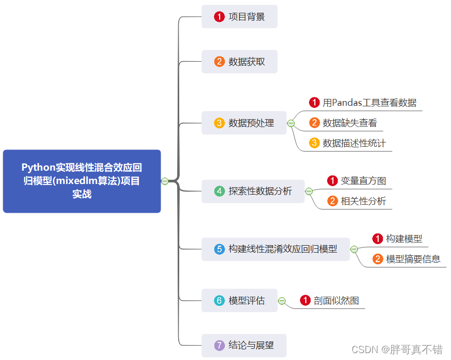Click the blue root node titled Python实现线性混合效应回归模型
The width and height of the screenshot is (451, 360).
(x=82, y=181)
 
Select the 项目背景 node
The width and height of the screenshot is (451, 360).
(x=239, y=16)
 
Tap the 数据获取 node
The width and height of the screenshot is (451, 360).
(x=239, y=62)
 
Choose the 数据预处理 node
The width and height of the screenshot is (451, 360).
(x=244, y=123)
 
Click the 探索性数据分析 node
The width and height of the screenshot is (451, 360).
(x=253, y=191)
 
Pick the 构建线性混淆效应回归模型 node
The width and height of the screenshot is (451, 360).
(x=275, y=249)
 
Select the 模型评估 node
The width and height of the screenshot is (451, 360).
(x=239, y=300)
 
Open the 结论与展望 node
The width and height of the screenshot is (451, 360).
(x=244, y=345)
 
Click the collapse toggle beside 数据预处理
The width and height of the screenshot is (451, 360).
(x=291, y=123)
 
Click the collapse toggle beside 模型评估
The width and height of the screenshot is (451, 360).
(x=282, y=301)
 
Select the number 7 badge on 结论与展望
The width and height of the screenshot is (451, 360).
(x=219, y=345)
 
